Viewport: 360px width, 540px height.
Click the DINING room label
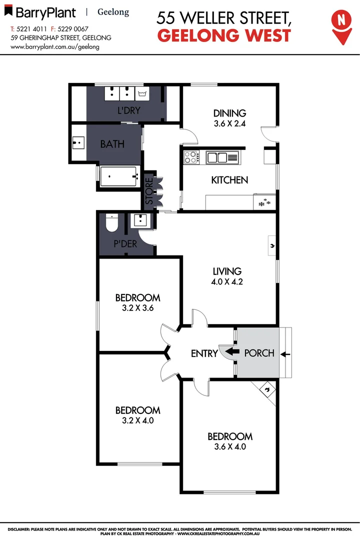tap(230, 113)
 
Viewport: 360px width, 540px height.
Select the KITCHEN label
tap(229, 180)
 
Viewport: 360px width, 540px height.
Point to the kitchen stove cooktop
tap(190, 157)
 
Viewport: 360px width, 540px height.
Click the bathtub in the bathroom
tap(119, 176)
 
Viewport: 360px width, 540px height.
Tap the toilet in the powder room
tap(112, 223)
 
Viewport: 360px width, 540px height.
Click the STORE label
tap(149, 190)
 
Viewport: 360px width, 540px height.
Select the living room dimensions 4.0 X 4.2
tap(227, 281)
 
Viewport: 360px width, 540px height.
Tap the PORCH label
tap(259, 353)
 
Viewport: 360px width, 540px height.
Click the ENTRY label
tap(204, 353)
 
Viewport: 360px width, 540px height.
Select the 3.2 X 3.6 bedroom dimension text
tap(137, 308)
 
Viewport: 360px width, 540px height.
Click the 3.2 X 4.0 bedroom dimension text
tap(137, 420)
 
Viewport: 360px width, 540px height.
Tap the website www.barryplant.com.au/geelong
tap(54, 46)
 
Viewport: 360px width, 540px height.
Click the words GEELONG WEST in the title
tap(224, 35)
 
